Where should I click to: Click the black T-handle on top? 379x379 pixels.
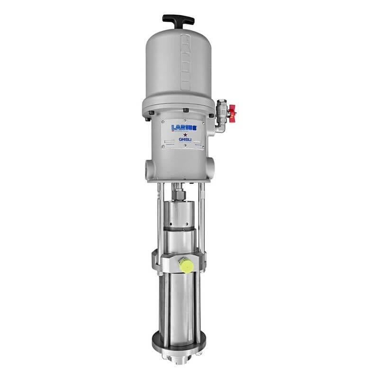[178, 20]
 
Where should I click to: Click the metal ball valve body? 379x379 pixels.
[221, 109]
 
